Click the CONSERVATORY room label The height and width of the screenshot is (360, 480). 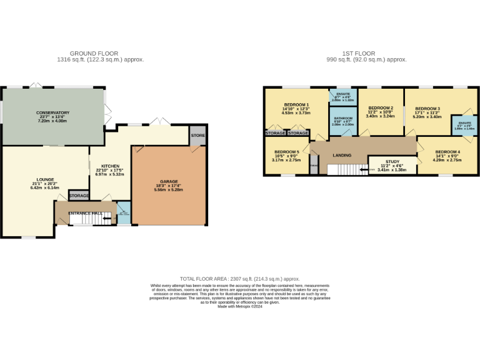click(x=52, y=113)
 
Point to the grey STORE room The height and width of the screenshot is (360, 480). click(x=197, y=136)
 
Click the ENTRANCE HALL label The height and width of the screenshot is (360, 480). click(x=85, y=213)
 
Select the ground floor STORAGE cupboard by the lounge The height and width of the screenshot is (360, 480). click(x=79, y=196)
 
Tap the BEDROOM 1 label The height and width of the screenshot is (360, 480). click(x=297, y=104)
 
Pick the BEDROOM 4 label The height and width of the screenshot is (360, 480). click(x=447, y=152)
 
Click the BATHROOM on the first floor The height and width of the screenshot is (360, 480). click(x=343, y=118)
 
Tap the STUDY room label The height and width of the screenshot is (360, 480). click(x=392, y=161)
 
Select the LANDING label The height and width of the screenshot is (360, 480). click(x=341, y=156)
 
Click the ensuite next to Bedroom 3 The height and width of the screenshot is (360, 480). click(x=464, y=125)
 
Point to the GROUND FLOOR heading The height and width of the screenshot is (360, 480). click(x=94, y=54)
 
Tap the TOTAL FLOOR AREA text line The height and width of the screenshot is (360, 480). click(x=240, y=279)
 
